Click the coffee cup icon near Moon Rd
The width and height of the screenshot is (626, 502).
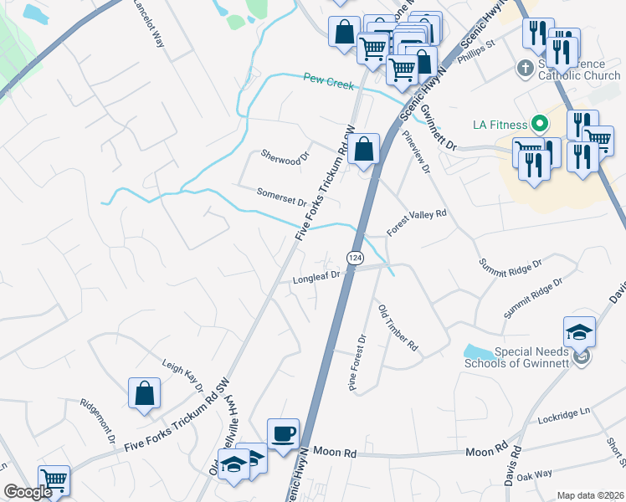click(283, 433)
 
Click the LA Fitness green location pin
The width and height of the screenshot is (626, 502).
click(540, 125)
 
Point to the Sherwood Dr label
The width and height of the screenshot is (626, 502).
click(285, 156)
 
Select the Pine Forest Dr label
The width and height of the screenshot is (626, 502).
click(357, 362)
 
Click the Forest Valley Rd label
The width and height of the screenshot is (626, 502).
click(417, 223)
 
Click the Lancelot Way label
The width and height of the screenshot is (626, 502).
click(149, 23)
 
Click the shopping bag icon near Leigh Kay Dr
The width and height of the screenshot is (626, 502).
click(144, 392)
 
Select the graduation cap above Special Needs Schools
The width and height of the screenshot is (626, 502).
click(579, 332)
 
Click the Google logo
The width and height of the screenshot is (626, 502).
click(28, 492)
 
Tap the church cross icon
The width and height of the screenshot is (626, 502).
click(525, 68)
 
